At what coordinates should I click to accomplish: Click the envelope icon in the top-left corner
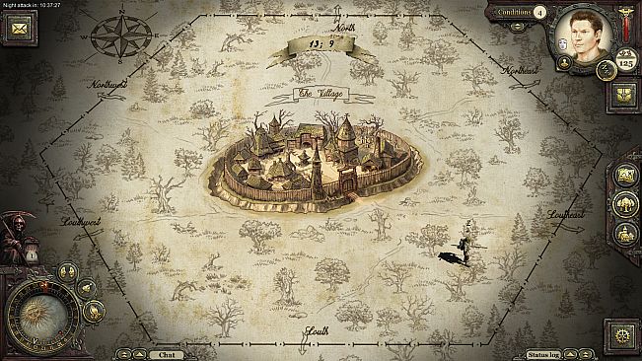pyautogui.click(x=18, y=29)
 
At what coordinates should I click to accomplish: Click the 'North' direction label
pyautogui.click(x=344, y=28)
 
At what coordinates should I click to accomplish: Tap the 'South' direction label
pyautogui.click(x=317, y=331)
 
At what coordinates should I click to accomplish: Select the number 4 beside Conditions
pyautogui.click(x=539, y=13)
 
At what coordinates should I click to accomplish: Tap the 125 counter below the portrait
pyautogui.click(x=624, y=62)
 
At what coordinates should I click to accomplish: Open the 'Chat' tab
pyautogui.click(x=165, y=354)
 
